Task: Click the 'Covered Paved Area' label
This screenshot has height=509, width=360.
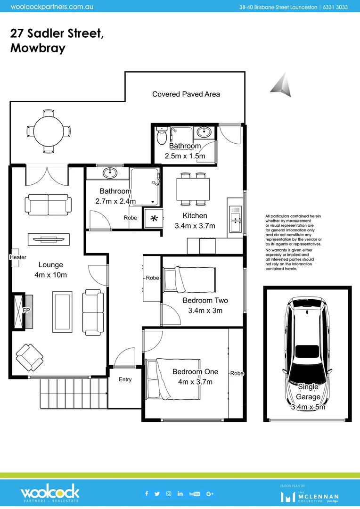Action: click(x=186, y=94)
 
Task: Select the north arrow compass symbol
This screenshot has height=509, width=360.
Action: click(x=281, y=85)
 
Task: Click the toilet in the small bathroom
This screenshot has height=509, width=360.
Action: click(x=161, y=136)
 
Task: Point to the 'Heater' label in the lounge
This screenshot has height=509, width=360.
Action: click(x=17, y=257)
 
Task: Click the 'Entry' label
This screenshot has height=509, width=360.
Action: click(x=125, y=379)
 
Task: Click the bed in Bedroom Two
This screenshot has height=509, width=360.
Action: click(x=189, y=279)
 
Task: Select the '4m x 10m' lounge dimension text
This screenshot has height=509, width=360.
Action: click(x=51, y=275)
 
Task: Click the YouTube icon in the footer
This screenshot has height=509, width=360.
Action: click(x=194, y=493)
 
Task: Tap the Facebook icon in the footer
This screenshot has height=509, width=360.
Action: click(x=147, y=493)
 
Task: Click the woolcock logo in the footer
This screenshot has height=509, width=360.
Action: click(x=50, y=493)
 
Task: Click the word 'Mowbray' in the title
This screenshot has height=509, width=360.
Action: click(x=38, y=48)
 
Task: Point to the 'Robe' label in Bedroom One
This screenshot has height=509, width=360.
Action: click(x=237, y=373)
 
